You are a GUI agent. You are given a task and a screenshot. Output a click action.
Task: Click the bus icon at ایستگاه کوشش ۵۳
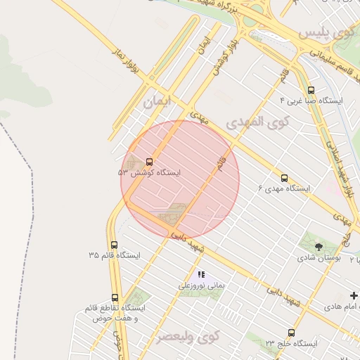coord(148,161)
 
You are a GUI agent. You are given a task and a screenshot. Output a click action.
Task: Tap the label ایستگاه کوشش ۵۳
coord(149,172)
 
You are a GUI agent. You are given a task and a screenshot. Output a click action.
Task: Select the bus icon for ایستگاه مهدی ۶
coord(284,178)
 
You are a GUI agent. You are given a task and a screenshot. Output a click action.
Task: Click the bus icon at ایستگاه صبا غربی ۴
coord(311,90)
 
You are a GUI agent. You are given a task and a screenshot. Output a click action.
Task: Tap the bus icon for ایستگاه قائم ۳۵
coord(114,245)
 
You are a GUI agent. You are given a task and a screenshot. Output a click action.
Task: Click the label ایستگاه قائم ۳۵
coord(114,255)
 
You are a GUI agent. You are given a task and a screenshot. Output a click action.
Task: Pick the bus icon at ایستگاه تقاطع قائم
coord(115,297)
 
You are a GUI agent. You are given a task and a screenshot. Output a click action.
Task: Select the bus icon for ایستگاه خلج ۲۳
coord(291,333)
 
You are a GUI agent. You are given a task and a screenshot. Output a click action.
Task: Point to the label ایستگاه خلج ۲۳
coord(291,343)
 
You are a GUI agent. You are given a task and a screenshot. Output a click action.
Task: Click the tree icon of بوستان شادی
coord(319,247)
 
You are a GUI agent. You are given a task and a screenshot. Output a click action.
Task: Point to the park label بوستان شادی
coord(319,258)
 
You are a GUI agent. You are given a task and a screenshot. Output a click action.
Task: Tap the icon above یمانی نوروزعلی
coord(201,275)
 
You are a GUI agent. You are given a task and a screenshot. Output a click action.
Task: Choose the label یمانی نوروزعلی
coord(201,286)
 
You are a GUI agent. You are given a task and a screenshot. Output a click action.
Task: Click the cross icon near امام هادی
coord(354,296)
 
